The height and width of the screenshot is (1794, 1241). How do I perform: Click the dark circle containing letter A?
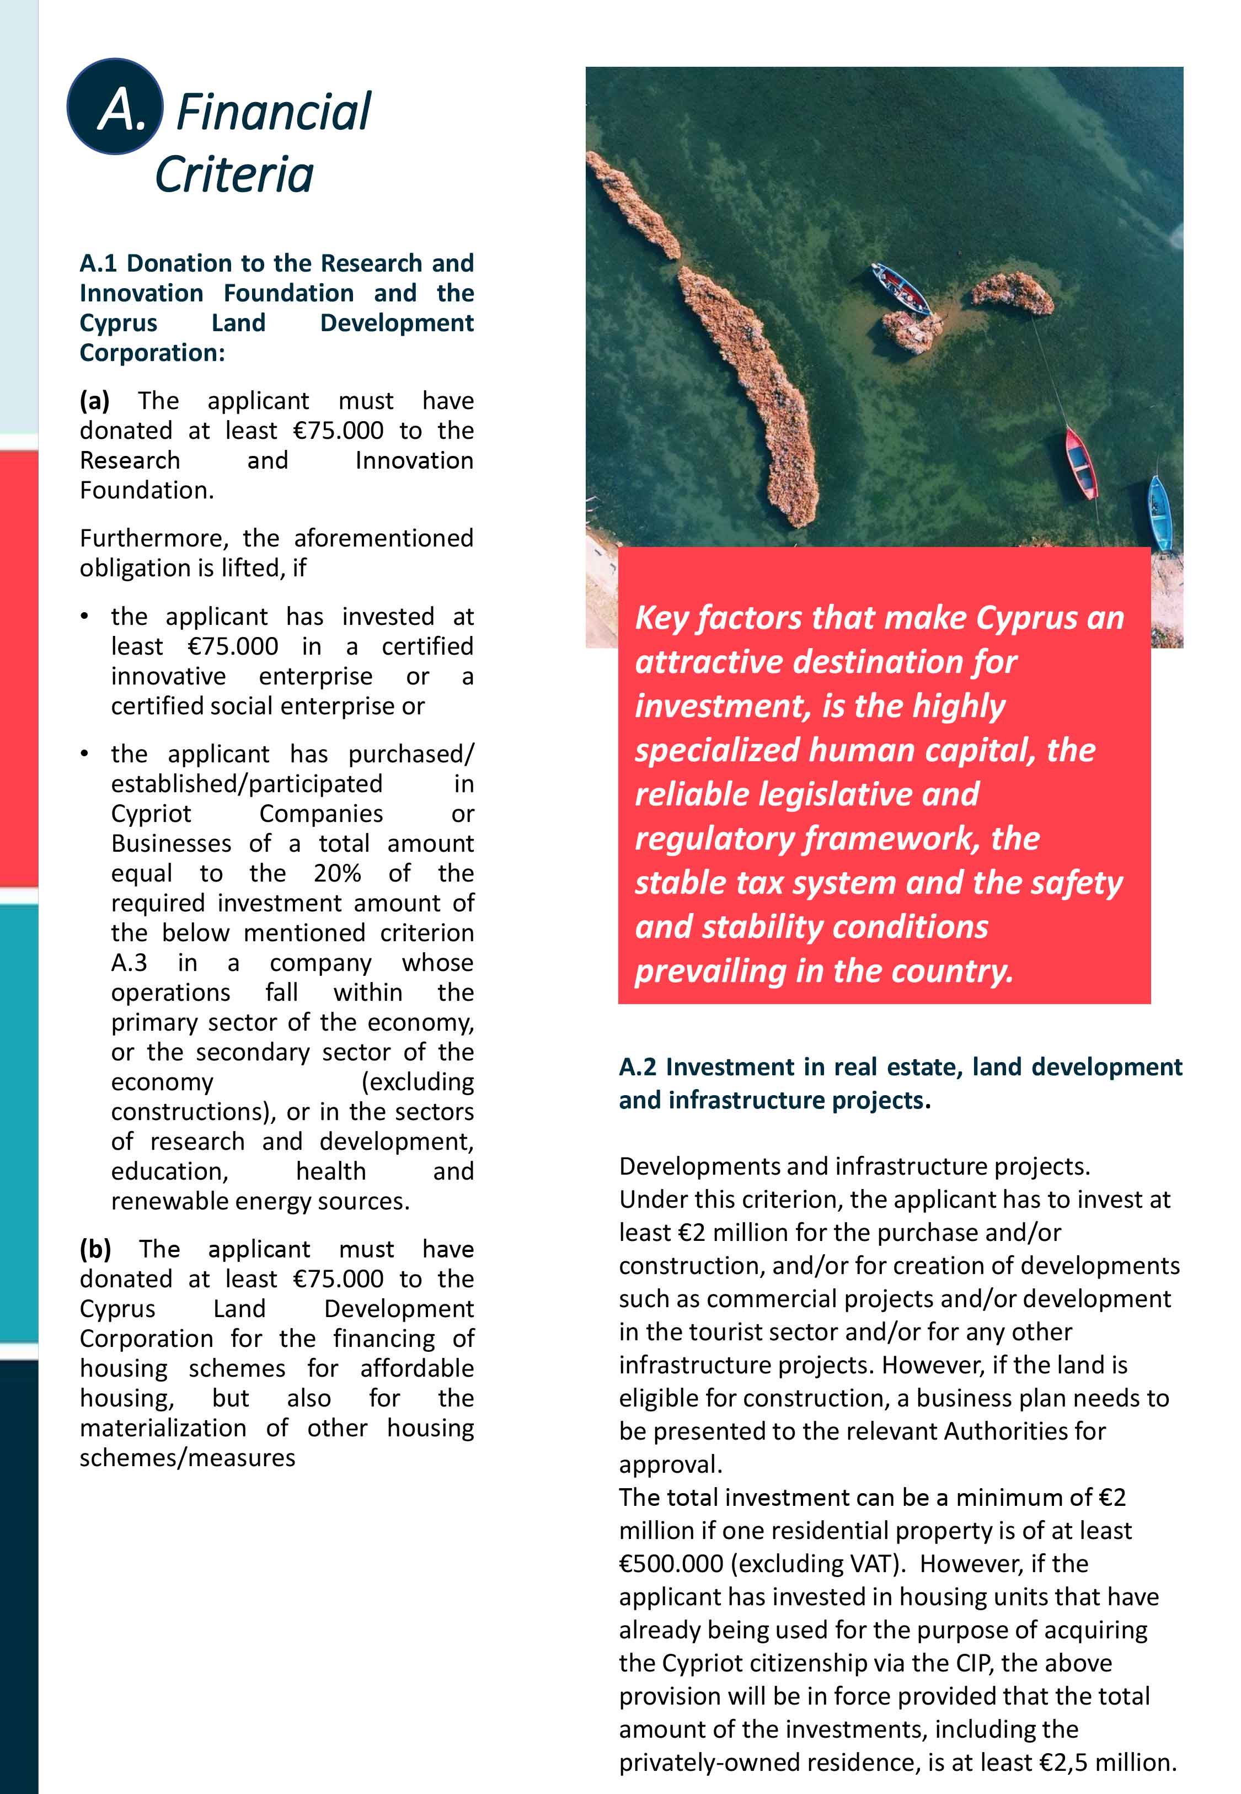tap(115, 107)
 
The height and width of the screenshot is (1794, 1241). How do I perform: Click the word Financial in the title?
tap(274, 112)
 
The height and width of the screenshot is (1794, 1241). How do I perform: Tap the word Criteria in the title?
tap(234, 174)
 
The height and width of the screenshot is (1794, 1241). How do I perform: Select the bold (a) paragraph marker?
tap(94, 401)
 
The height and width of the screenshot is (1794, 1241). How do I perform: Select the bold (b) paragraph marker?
tap(95, 1249)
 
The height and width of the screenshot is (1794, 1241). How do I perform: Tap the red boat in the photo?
tap(1081, 463)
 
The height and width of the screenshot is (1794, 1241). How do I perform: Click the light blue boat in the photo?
tap(1159, 513)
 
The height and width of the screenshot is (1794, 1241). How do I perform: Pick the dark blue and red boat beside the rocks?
tap(901, 288)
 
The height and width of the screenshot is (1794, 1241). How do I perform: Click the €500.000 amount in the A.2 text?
tap(670, 1564)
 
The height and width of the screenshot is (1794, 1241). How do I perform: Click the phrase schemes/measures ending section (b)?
tap(188, 1457)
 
